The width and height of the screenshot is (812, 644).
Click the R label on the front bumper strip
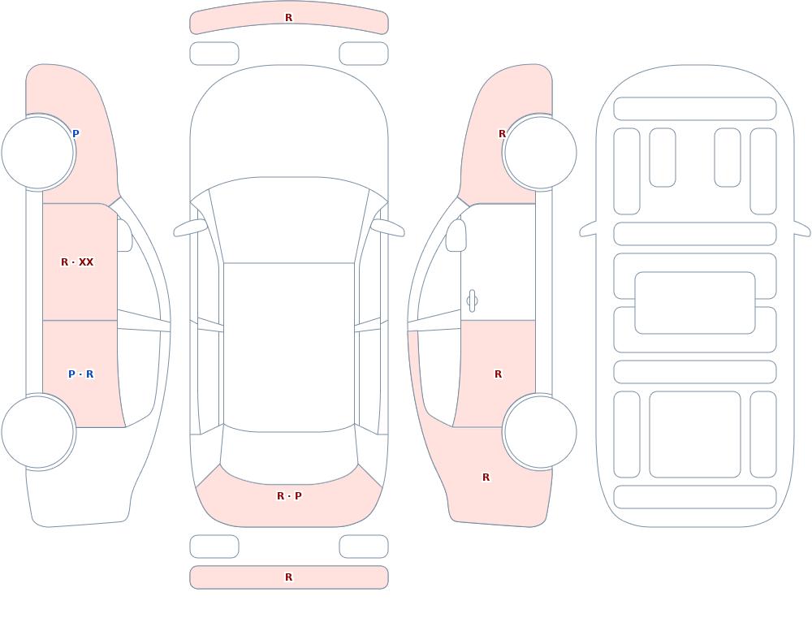coord(288,18)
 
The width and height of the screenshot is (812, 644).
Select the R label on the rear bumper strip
coord(288,577)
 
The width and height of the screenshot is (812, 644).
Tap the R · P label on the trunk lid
coord(289,496)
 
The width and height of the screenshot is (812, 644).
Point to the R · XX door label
coord(77,262)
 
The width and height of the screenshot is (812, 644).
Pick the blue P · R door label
coord(80,374)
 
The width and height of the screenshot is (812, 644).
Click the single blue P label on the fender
coord(76,134)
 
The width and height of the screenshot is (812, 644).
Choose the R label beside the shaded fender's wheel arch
coord(502,134)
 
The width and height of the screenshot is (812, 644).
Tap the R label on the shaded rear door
coord(498,374)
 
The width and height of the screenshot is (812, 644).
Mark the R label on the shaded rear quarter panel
coord(486,478)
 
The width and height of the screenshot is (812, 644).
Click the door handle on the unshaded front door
coord(472,301)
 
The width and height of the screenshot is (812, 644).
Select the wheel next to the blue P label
coord(38,153)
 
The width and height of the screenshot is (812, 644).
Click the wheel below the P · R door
coord(38,431)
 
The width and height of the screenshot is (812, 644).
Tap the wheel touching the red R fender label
coord(540,153)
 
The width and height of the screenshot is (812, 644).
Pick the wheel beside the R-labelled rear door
coord(540,431)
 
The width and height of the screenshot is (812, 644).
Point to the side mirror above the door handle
coord(456,236)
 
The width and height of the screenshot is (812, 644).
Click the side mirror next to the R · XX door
coord(124,236)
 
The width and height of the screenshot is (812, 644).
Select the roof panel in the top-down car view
coord(289,347)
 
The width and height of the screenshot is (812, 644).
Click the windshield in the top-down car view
coord(289,220)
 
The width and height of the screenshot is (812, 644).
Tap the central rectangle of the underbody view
coord(695,303)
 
